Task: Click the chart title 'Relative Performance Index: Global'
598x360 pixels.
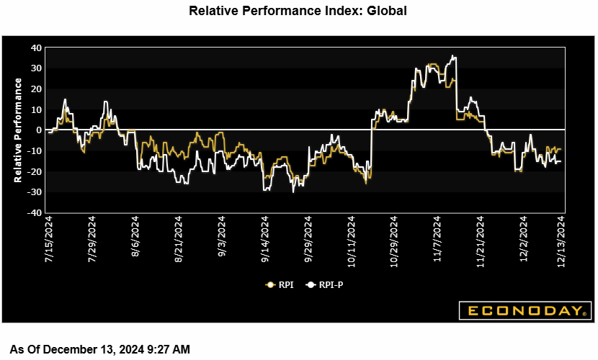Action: pos(298,11)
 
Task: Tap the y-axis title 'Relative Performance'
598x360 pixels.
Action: pos(19,130)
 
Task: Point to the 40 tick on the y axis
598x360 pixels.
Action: pos(35,48)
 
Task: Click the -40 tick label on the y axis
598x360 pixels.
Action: pos(34,213)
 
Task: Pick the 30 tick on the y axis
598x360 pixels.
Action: pos(35,68)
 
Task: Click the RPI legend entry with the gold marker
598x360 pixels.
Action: pos(278,284)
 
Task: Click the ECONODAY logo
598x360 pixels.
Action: pos(525,311)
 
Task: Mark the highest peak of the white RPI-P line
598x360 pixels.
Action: pos(452,55)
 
